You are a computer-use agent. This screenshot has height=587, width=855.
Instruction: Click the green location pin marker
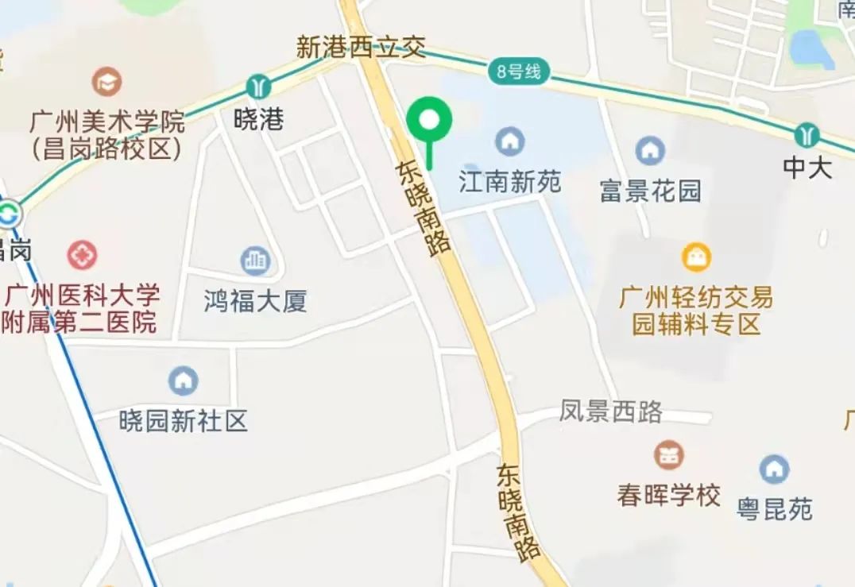click(x=429, y=121)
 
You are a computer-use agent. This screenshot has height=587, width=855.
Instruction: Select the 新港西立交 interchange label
click(x=361, y=48)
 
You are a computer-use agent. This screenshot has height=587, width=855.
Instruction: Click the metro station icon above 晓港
click(x=258, y=86)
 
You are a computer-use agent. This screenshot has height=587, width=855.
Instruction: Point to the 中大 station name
click(x=807, y=168)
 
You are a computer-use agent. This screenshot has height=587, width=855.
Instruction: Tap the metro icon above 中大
click(x=807, y=134)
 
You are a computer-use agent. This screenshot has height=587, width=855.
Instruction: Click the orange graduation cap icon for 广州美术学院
click(x=106, y=81)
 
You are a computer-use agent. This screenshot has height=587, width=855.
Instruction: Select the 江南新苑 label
click(x=509, y=182)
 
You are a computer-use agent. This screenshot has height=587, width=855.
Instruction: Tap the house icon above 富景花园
click(x=650, y=150)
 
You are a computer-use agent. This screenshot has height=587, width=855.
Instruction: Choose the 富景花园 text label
click(x=650, y=191)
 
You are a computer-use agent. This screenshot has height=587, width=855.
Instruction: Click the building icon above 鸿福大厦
click(x=255, y=261)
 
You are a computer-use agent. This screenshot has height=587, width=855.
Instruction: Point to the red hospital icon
click(x=82, y=255)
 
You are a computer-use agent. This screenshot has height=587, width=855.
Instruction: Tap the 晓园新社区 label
click(x=184, y=420)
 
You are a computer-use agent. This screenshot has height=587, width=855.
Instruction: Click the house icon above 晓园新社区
click(x=184, y=381)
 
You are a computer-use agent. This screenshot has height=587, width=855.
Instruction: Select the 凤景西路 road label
click(x=610, y=411)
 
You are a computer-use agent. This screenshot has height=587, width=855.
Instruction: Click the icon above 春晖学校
click(x=668, y=455)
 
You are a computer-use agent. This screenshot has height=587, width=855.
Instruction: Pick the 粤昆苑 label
click(x=774, y=508)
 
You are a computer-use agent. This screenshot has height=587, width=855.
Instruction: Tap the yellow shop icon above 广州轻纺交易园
click(x=696, y=257)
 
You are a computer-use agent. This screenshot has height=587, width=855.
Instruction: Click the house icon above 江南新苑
click(x=509, y=142)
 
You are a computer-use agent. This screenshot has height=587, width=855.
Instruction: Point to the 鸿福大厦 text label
click(x=255, y=301)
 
